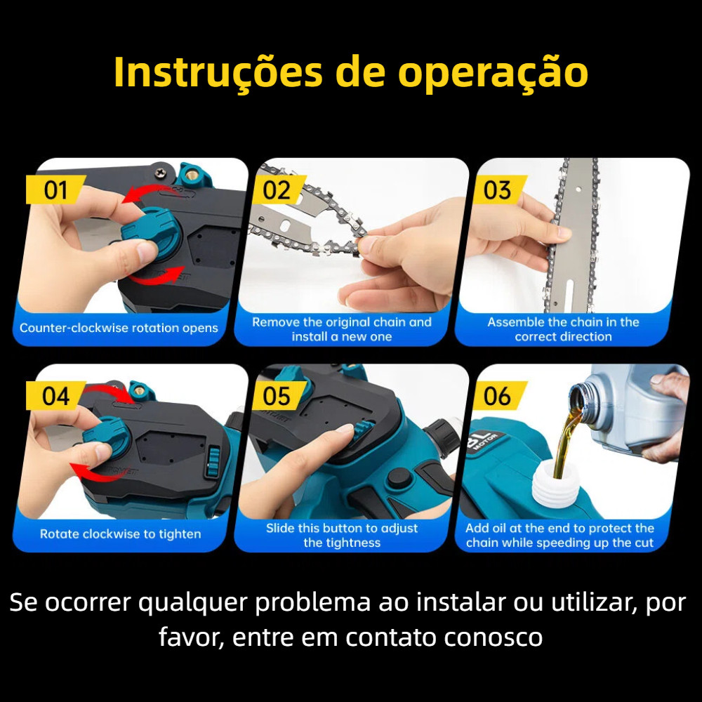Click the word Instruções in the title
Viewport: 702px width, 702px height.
pyautogui.click(x=218, y=72)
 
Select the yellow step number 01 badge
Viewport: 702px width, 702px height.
pyautogui.click(x=55, y=190)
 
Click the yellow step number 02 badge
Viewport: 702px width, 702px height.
pyautogui.click(x=277, y=190)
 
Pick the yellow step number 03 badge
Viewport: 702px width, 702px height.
pyautogui.click(x=498, y=190)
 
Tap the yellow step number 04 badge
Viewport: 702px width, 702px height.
pyautogui.click(x=55, y=396)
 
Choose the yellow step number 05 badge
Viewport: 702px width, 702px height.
pyautogui.click(x=277, y=396)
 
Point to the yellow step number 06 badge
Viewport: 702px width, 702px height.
pyautogui.click(x=498, y=396)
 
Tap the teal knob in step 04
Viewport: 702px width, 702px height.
pyautogui.click(x=107, y=437)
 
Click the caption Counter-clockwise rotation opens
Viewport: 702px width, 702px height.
pyautogui.click(x=119, y=328)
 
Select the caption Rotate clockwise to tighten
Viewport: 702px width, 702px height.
pyautogui.click(x=121, y=534)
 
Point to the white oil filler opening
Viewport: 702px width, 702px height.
pyautogui.click(x=555, y=485)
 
